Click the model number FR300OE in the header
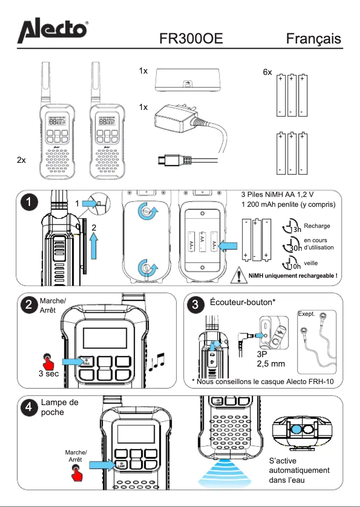pyautogui.click(x=191, y=39)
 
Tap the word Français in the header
pyautogui.click(x=314, y=39)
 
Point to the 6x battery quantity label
pyautogui.click(x=268, y=72)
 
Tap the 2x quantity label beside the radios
pyautogui.click(x=21, y=160)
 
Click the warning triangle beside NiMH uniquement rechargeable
pyautogui.click(x=238, y=275)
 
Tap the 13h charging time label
pyautogui.click(x=295, y=230)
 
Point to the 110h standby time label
pyautogui.click(x=294, y=266)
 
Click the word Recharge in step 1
pyautogui.click(x=317, y=226)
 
